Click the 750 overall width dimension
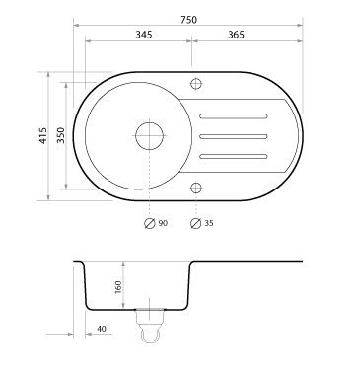point(188,20)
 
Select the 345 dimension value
point(144,35)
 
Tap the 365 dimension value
point(236,35)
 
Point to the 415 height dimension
point(43,135)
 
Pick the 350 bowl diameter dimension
point(61,135)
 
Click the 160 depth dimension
point(118,287)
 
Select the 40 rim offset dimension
point(102,329)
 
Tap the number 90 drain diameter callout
point(163,223)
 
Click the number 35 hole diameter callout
point(209,223)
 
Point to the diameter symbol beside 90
point(150,223)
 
